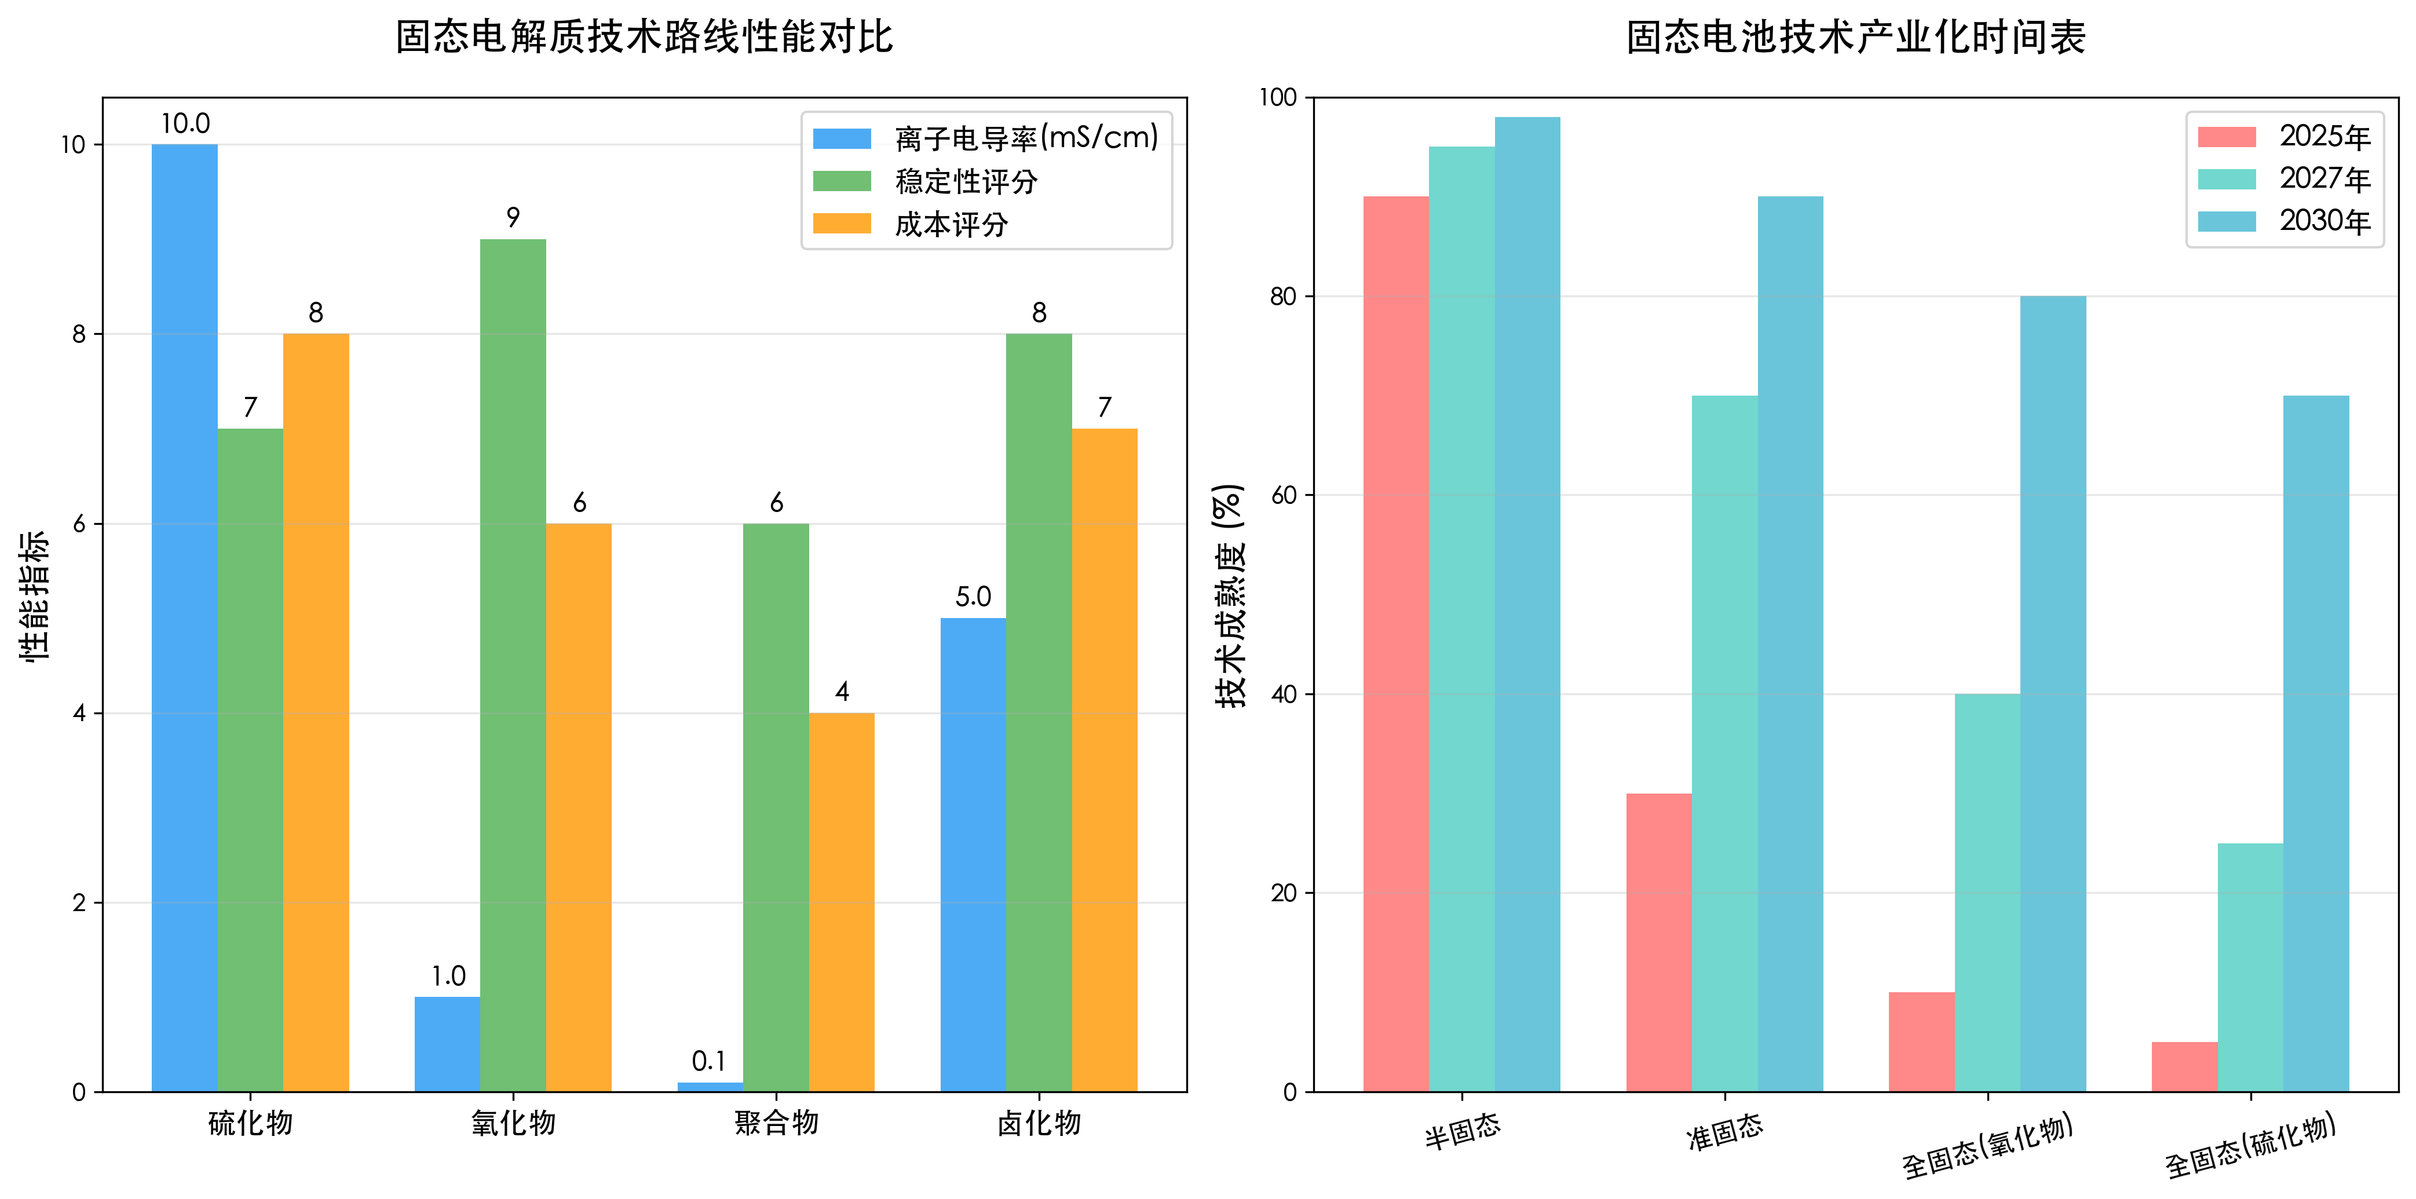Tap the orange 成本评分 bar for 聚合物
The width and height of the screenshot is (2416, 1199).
click(x=841, y=902)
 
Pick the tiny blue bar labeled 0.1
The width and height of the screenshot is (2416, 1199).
click(x=710, y=1087)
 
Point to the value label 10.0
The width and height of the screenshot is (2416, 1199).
click(x=185, y=124)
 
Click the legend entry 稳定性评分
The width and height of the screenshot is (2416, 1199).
click(x=966, y=181)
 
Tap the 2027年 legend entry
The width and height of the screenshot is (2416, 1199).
click(x=2324, y=178)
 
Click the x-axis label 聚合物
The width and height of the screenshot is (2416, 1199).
click(x=776, y=1122)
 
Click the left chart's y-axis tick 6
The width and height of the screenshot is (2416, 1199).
click(x=79, y=524)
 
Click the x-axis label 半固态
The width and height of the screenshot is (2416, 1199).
click(x=1462, y=1131)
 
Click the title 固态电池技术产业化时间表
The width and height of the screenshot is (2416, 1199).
click(x=1855, y=38)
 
